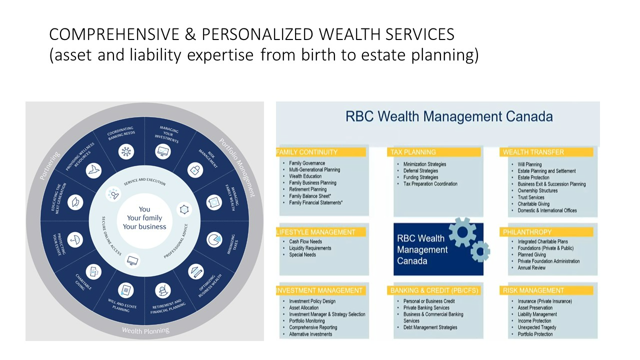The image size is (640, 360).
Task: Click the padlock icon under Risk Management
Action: [195, 170]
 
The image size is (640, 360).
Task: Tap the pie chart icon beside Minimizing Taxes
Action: [214, 239]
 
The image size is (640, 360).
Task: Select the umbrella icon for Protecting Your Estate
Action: [75, 239]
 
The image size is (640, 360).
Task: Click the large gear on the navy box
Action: [462, 232]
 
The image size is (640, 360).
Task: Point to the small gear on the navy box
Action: [480, 251]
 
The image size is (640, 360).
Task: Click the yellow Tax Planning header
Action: [433, 152]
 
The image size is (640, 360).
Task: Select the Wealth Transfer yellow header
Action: [546, 152]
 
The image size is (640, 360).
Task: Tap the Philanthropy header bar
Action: [546, 232]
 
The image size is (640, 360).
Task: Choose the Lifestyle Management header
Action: [321, 232]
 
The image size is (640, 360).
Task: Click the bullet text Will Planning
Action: [529, 164]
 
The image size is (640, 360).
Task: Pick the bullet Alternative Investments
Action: [310, 334]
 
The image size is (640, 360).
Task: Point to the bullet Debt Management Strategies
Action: [430, 327]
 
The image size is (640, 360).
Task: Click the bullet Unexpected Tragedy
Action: [537, 327]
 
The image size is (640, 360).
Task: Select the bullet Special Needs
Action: [302, 254]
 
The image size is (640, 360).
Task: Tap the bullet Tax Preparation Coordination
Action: [430, 183]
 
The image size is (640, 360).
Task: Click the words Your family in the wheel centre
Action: [144, 218]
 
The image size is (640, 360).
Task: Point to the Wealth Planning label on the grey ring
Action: [145, 330]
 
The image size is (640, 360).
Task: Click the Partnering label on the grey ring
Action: [49, 165]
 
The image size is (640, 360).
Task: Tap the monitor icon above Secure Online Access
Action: [132, 260]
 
